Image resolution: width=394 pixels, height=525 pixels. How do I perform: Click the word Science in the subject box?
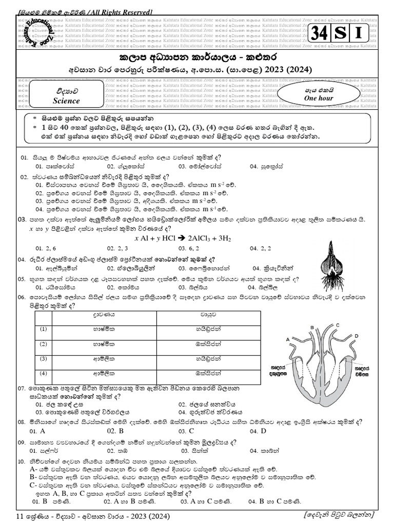66,101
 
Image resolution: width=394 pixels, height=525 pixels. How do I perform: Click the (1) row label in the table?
43,329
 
